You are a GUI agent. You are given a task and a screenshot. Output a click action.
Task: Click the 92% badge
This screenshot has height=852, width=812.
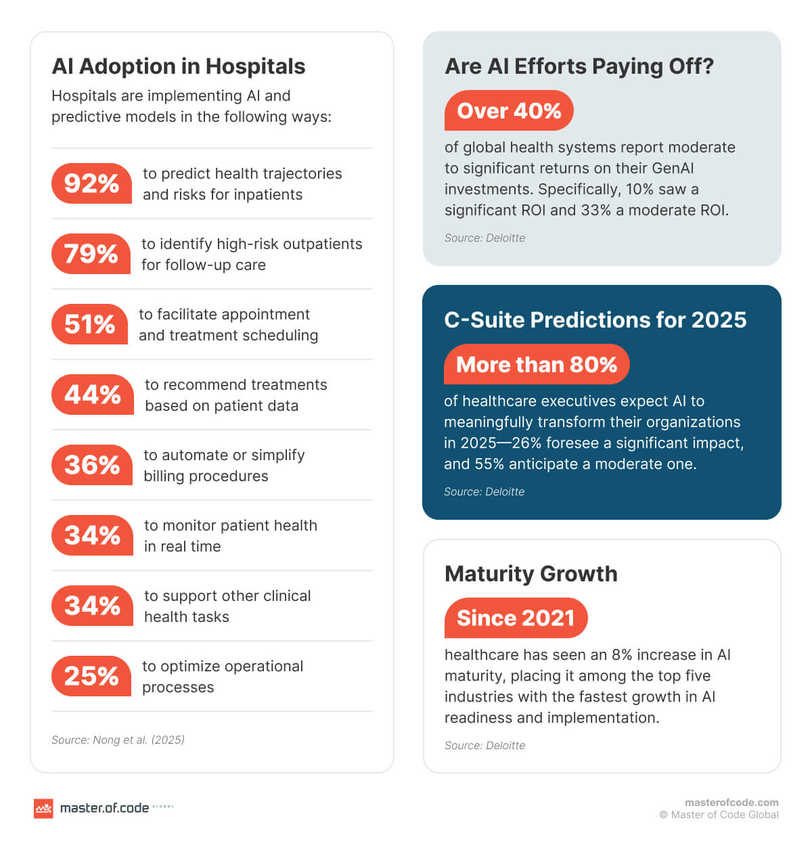point(91,183)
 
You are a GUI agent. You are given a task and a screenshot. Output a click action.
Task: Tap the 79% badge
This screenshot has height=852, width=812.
point(91,254)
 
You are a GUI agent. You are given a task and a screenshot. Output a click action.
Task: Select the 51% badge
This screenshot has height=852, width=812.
point(89,324)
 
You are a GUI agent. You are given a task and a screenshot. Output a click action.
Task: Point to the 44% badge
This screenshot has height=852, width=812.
point(92,395)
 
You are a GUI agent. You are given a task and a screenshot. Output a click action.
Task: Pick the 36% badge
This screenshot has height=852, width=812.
point(91,465)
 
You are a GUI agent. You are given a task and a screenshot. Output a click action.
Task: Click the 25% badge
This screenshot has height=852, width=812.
point(91,676)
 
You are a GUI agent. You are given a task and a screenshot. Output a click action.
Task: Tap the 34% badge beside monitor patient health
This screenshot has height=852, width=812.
point(92,535)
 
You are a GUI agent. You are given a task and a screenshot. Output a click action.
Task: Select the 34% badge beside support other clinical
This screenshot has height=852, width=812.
point(92,606)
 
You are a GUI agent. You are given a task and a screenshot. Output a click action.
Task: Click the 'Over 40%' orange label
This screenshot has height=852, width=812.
point(509,110)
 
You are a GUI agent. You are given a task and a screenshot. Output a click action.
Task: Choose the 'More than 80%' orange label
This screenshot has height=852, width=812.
point(537,364)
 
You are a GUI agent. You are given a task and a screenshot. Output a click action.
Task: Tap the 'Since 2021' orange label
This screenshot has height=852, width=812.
point(516,618)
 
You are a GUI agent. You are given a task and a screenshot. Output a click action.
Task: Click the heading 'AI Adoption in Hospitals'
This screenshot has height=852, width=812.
point(179,66)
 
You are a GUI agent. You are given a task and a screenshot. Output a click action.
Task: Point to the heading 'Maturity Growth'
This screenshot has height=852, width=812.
point(531,574)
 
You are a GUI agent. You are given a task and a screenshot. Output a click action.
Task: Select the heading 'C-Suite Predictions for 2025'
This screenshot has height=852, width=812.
point(595,320)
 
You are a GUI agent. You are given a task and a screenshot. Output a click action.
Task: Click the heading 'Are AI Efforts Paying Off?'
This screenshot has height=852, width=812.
point(579,66)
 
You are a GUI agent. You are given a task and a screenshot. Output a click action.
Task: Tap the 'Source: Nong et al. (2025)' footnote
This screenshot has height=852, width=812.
point(118,740)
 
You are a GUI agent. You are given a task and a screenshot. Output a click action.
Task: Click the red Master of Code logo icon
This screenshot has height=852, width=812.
point(43,808)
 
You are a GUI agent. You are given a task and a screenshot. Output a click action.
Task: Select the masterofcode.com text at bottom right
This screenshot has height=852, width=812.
point(731,803)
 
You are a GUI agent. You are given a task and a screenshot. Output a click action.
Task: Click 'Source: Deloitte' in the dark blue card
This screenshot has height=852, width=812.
point(484,492)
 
